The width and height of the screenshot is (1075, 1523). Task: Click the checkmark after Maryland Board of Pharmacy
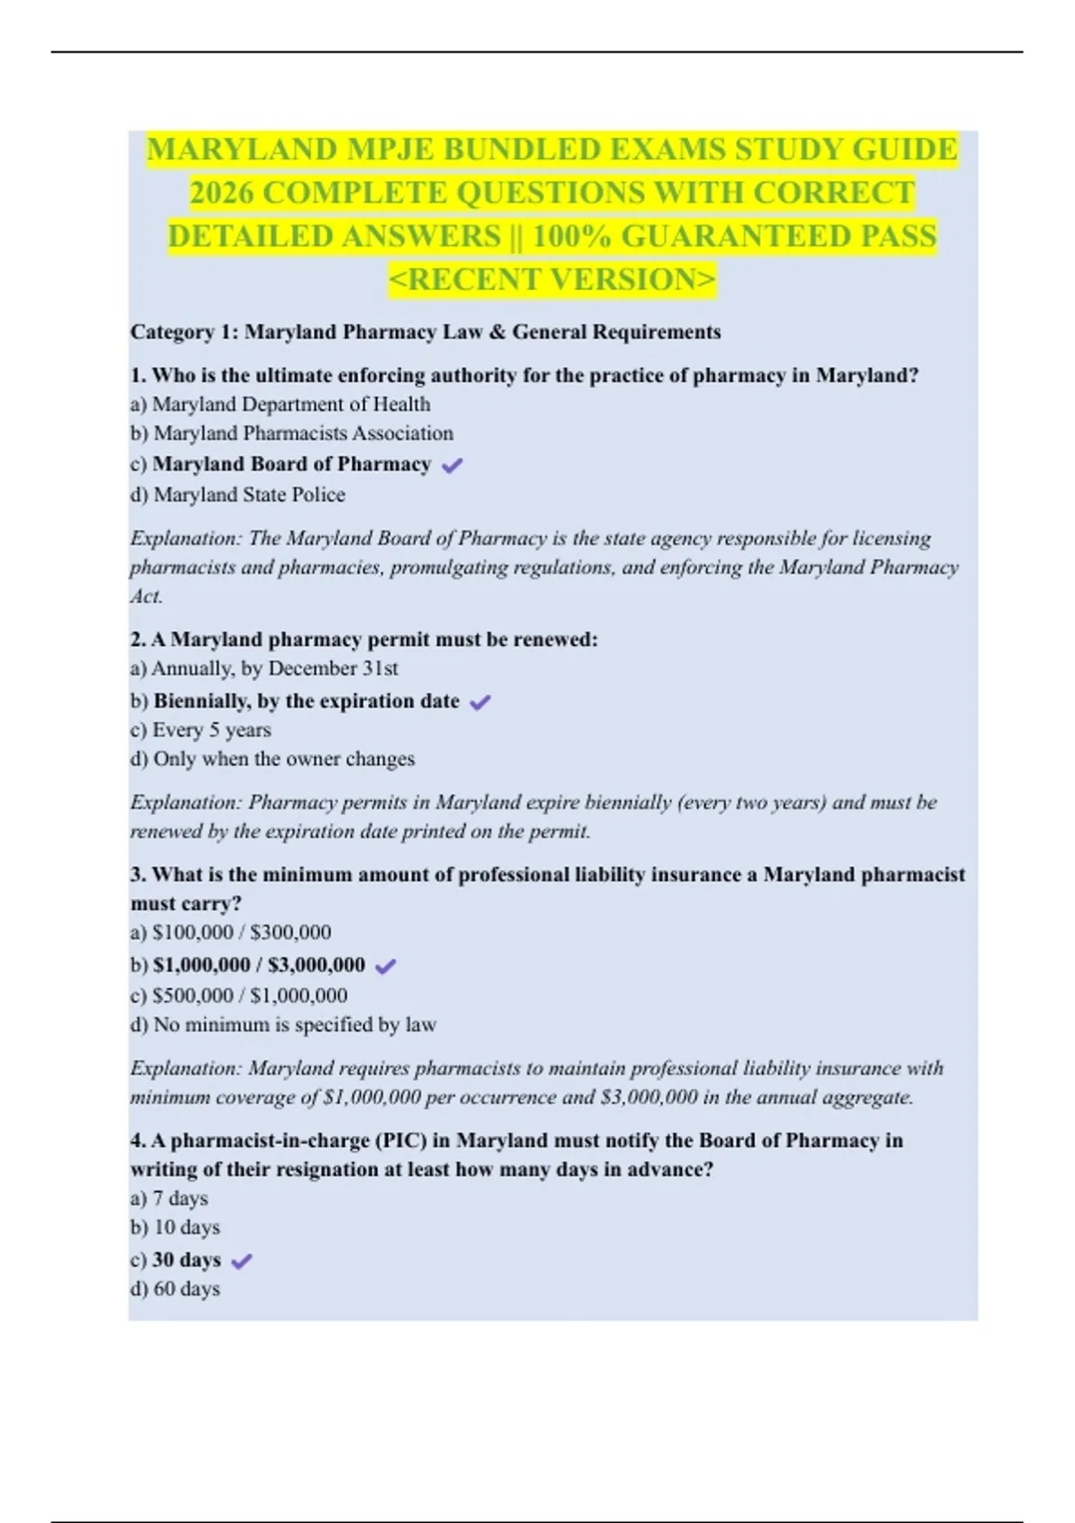click(452, 465)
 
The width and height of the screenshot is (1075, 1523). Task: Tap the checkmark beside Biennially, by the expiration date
click(480, 702)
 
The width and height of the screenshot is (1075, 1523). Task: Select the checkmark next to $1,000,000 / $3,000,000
click(386, 966)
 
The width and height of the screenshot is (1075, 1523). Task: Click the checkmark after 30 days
click(241, 1261)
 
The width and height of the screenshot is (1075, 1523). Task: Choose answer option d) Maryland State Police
click(237, 495)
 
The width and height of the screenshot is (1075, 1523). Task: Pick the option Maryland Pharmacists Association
click(292, 434)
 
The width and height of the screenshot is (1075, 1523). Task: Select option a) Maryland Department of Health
click(280, 404)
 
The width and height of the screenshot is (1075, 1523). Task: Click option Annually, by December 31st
click(264, 668)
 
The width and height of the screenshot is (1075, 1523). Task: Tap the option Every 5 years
click(201, 730)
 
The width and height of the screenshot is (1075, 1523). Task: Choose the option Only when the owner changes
click(272, 759)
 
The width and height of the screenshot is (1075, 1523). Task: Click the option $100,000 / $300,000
click(231, 933)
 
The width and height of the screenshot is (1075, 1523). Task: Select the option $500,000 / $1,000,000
click(239, 995)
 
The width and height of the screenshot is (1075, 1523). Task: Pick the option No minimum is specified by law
click(283, 1025)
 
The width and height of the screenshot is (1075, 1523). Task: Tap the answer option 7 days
click(169, 1199)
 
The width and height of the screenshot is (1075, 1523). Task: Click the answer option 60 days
click(176, 1289)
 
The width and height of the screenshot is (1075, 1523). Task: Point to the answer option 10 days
click(176, 1227)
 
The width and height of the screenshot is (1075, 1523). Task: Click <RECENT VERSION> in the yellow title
click(552, 280)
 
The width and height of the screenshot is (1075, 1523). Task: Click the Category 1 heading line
click(426, 332)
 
